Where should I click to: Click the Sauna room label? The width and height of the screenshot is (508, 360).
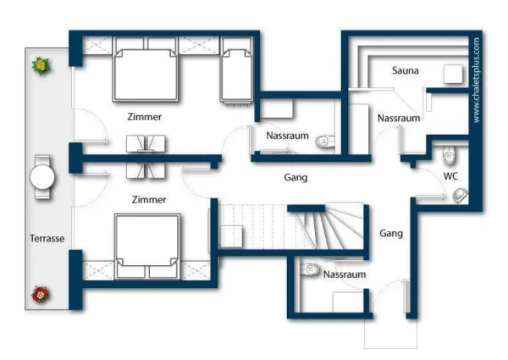coord(405,70)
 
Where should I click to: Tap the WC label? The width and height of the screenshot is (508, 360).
coord(450,176)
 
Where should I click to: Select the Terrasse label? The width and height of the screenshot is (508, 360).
coord(47,239)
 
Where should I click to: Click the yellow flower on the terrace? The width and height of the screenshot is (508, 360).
coord(41,66)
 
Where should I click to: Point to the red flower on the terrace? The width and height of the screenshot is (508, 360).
coord(41,294)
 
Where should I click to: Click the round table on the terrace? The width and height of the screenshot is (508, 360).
coord(42,177)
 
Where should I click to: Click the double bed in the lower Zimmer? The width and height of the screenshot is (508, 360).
coord(147,246)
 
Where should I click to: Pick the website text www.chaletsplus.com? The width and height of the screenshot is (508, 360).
coord(476,80)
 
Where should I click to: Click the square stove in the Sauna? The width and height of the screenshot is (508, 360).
coord(453,75)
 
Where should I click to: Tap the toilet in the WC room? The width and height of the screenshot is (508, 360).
coord(449,156)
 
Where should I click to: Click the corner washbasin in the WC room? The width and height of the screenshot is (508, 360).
coord(461,196)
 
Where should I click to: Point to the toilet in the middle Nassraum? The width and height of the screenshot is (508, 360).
coord(324,141)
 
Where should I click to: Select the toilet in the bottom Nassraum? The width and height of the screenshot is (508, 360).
coord(309,269)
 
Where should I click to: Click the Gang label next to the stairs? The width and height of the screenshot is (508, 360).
coord(391,233)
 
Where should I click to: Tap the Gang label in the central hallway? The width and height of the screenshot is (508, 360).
coord(295,178)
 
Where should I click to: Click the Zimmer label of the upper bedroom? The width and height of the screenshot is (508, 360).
coord(145,117)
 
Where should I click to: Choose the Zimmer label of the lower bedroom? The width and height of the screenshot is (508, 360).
coord(149,200)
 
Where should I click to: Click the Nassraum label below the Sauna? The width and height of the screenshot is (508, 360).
coord(399,118)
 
